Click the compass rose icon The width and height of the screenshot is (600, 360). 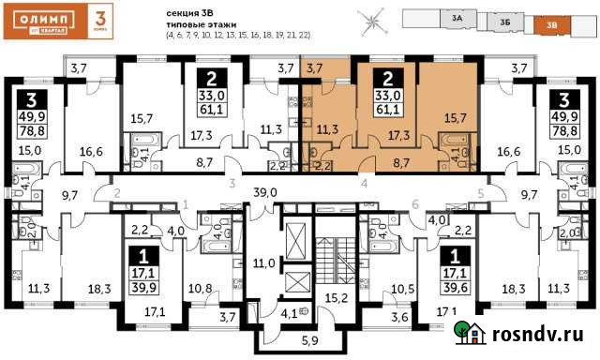point(375,19)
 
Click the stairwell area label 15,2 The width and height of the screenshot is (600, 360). point(335,300)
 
